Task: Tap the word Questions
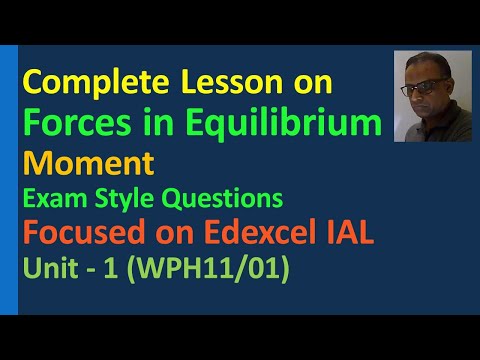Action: pyautogui.click(x=225, y=194)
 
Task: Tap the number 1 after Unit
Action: pyautogui.click(x=125, y=269)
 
